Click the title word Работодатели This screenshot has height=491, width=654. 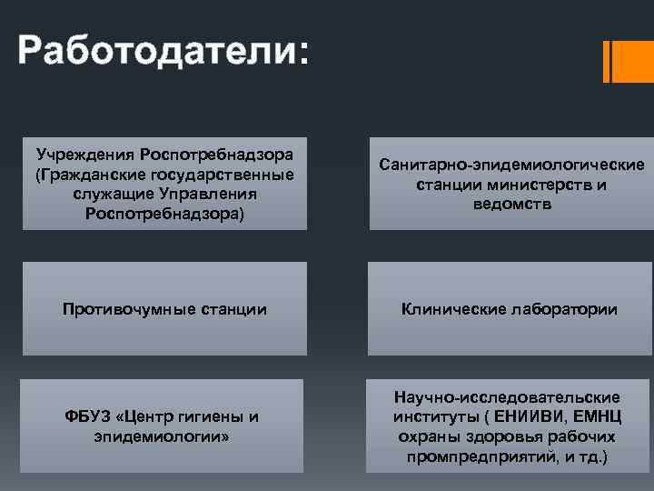click(154, 50)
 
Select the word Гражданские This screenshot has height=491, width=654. click(93, 174)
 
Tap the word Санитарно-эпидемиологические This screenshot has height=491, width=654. click(512, 165)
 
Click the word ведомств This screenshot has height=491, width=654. click(512, 205)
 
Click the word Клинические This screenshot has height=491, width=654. click(454, 310)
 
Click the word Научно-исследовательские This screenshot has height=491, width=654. click(507, 397)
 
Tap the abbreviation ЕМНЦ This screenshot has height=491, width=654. click(597, 417)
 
